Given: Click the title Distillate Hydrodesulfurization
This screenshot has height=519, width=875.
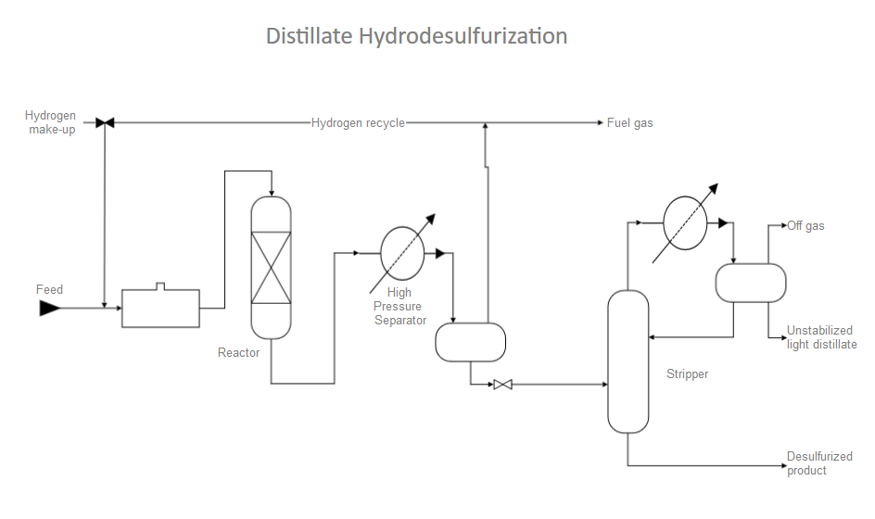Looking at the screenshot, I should click(x=416, y=36).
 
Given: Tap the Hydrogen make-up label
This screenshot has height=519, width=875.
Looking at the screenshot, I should click(x=51, y=122).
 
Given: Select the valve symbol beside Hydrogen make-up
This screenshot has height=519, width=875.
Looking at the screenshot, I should click(x=105, y=122).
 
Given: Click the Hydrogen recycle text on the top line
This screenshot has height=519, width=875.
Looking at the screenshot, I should click(x=358, y=123).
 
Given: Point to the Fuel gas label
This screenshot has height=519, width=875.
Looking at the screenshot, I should click(x=630, y=123).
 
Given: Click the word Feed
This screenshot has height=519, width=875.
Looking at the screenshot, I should click(x=50, y=290).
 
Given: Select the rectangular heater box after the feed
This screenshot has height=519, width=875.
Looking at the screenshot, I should click(x=160, y=308).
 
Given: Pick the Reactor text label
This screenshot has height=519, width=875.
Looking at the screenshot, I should click(x=239, y=352).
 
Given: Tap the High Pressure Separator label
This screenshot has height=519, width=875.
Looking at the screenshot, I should click(x=399, y=307).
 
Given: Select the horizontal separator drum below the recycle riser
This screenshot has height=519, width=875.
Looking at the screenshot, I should click(x=471, y=341).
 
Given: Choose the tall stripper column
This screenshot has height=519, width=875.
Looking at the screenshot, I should click(x=628, y=361).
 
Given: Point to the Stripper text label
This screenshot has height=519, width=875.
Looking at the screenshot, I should click(x=687, y=374).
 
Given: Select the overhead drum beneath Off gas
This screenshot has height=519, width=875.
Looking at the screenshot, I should click(x=751, y=283).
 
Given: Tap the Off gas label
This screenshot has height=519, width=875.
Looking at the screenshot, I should click(x=805, y=225).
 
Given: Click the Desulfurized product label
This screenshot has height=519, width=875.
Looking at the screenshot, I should click(x=819, y=463).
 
